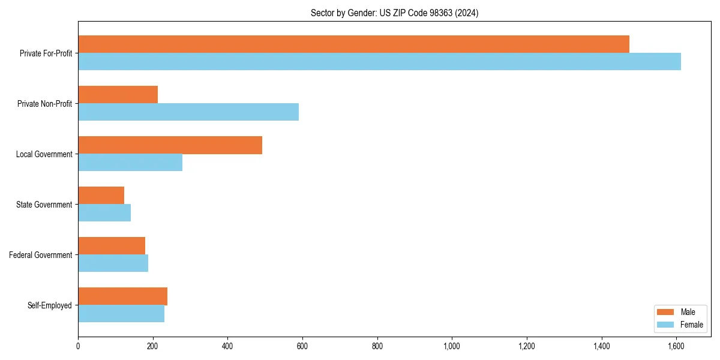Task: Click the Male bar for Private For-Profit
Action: point(353,44)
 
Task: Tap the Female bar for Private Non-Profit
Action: point(188,112)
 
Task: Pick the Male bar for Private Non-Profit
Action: point(118,95)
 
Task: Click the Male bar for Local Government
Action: point(170,145)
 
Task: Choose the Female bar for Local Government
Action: point(130,163)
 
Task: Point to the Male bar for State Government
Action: point(101,196)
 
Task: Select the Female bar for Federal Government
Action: point(113,263)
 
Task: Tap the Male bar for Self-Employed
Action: point(122,296)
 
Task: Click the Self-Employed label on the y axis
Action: point(49,305)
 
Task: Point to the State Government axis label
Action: point(44,205)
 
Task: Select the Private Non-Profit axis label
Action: point(44,104)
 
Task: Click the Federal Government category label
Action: point(41,255)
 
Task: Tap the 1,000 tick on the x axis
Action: point(452,346)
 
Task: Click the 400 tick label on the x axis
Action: point(227,346)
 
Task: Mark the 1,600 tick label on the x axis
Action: point(676,346)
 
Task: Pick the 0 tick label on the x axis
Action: point(78,346)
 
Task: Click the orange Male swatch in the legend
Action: point(665,312)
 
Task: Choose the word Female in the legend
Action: point(691,325)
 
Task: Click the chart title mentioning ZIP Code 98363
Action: point(394,13)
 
